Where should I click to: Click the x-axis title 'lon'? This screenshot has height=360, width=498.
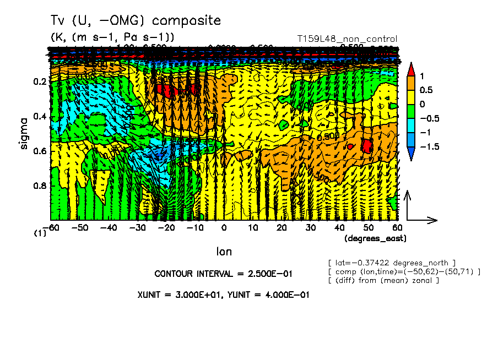click(x=224, y=252)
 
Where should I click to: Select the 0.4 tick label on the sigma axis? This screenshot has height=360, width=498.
click(x=40, y=117)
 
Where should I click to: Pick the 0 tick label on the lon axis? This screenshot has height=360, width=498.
click(x=224, y=227)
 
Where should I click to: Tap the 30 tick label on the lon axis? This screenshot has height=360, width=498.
click(x=310, y=227)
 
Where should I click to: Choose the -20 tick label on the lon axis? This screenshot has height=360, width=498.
click(x=166, y=227)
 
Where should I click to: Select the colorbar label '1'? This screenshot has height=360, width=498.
click(x=421, y=75)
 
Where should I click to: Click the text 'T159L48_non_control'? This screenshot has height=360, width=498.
click(x=347, y=39)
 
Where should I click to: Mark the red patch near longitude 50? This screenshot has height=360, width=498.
click(x=367, y=145)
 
